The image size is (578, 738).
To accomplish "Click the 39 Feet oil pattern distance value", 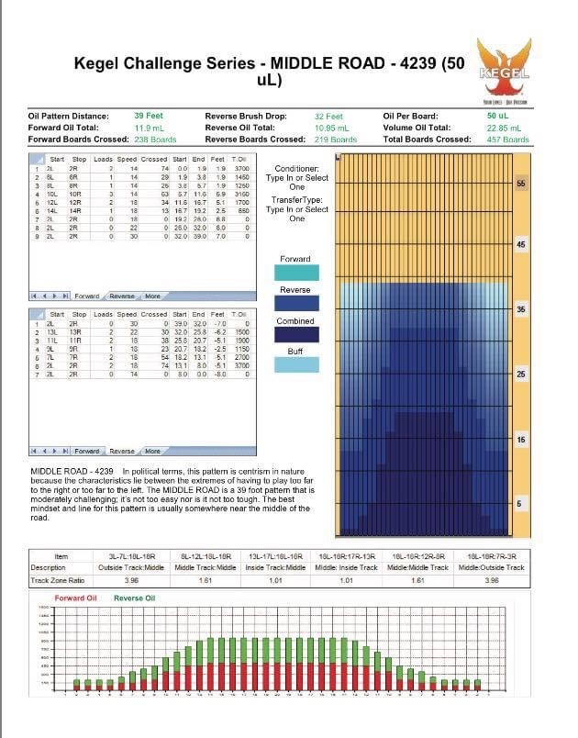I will click(x=149, y=117).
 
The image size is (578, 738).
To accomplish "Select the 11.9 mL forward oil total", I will click(x=150, y=129).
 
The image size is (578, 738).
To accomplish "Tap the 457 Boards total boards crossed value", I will click(x=508, y=140).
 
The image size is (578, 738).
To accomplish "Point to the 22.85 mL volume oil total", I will click(x=503, y=129).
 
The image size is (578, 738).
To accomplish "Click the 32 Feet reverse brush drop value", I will click(x=328, y=117).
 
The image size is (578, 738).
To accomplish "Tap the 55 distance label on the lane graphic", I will click(x=521, y=184).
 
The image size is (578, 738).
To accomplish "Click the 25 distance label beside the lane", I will click(x=521, y=375).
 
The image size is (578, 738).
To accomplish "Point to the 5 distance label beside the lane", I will click(x=521, y=503).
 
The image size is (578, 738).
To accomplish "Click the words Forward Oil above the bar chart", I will click(x=75, y=598).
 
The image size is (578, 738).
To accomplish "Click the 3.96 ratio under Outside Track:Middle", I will click(x=129, y=580).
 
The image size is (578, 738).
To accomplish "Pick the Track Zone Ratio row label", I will click(x=57, y=580).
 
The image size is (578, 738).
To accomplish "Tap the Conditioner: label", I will click(x=297, y=168).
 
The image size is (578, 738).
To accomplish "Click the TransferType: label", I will click(x=297, y=198).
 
